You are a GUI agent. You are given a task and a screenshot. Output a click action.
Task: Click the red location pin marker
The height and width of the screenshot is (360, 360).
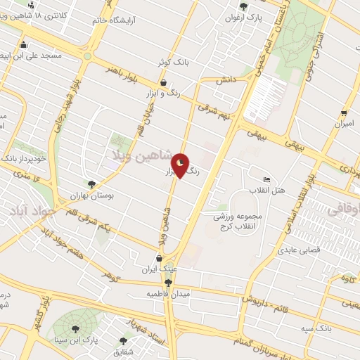click(x=181, y=165)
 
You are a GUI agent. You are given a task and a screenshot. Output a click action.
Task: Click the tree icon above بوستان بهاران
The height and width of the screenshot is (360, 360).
click(x=91, y=184)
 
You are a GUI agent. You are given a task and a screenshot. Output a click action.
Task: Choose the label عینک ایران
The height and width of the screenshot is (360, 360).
click(x=157, y=269)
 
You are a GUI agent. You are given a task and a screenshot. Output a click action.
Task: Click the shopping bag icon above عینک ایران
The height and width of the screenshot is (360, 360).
click(x=161, y=258)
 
